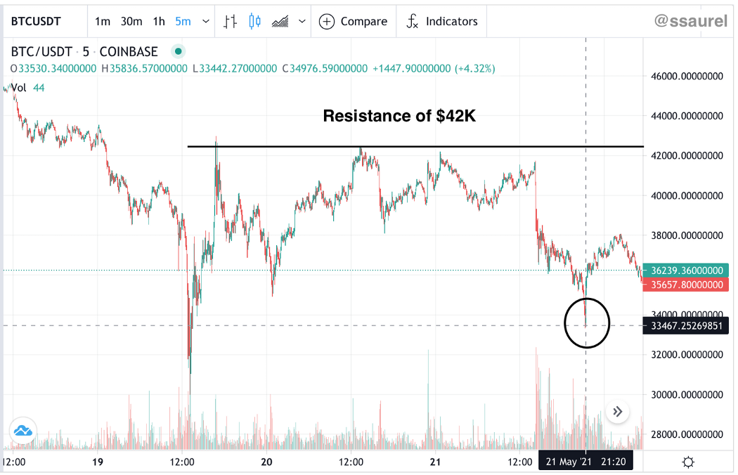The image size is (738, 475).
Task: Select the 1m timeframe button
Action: (103, 21)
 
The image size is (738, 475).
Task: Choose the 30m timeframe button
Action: (131, 21)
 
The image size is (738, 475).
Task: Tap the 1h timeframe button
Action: (159, 21)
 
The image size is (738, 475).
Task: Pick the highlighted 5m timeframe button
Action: (183, 21)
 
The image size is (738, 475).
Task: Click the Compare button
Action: (354, 21)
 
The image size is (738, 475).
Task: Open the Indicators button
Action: (442, 21)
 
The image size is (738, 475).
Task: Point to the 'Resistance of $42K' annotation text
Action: (399, 116)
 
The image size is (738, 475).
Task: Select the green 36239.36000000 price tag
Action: (686, 271)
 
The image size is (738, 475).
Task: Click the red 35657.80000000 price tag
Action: (686, 285)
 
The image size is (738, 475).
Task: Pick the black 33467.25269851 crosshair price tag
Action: (686, 325)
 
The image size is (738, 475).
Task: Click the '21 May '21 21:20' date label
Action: (586, 462)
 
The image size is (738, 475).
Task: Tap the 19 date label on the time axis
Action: (98, 462)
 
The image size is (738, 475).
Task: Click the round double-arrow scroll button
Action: (618, 412)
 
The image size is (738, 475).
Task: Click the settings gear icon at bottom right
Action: (688, 462)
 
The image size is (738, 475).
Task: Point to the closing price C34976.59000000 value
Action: (324, 69)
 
